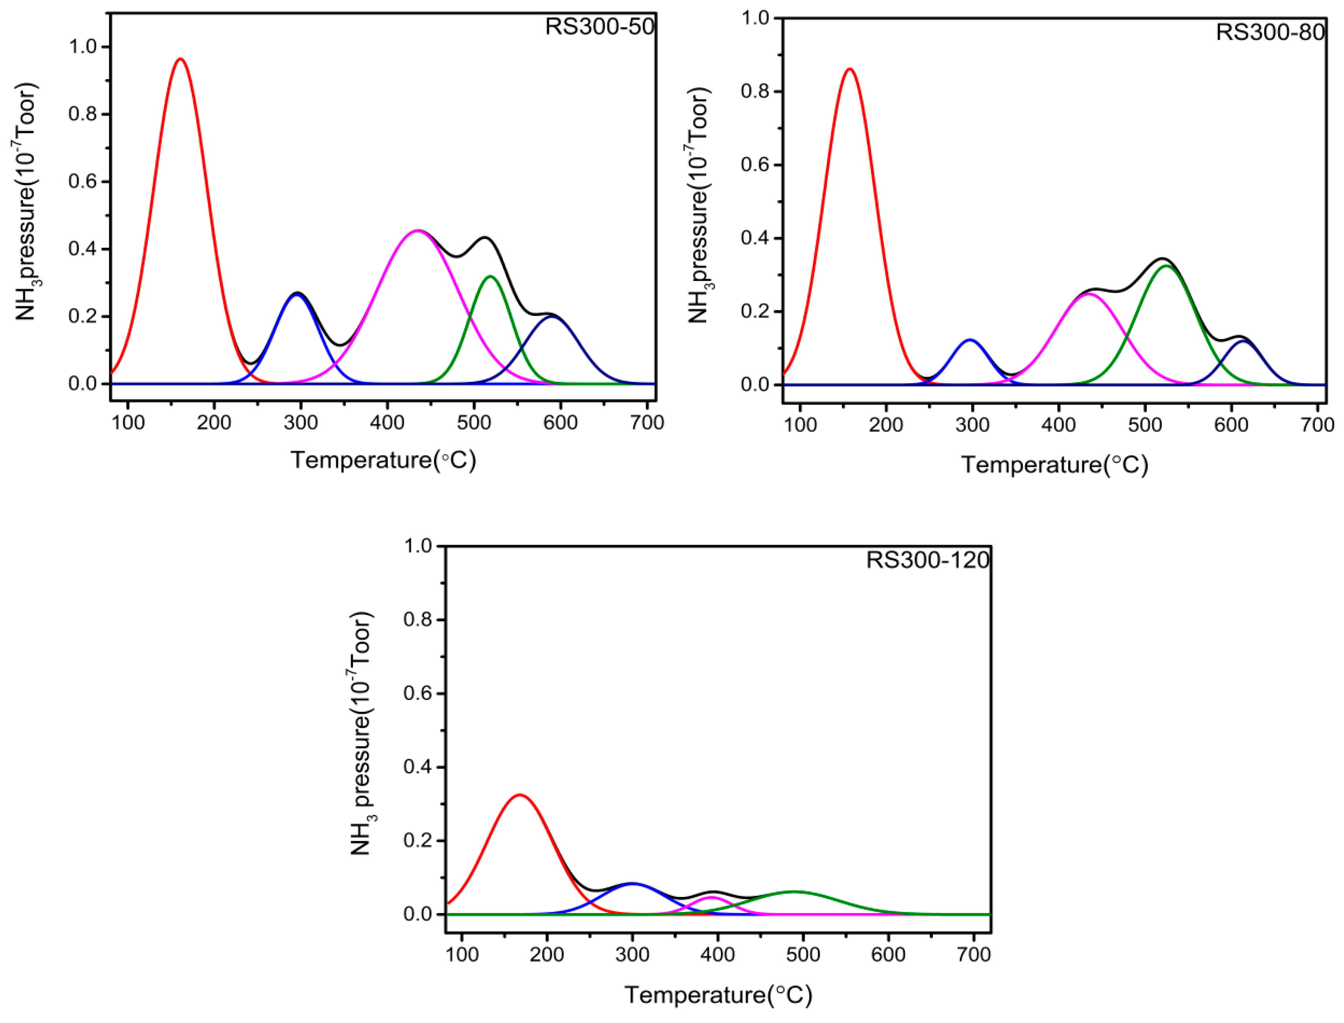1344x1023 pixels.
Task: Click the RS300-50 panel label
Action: (x=599, y=27)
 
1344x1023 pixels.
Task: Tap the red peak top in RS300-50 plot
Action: (x=181, y=59)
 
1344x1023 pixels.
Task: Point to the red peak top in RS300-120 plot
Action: (x=520, y=795)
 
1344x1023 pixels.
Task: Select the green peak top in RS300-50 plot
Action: (x=490, y=277)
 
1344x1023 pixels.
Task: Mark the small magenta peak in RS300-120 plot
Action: (x=710, y=897)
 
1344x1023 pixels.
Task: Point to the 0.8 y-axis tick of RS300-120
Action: (x=419, y=620)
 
